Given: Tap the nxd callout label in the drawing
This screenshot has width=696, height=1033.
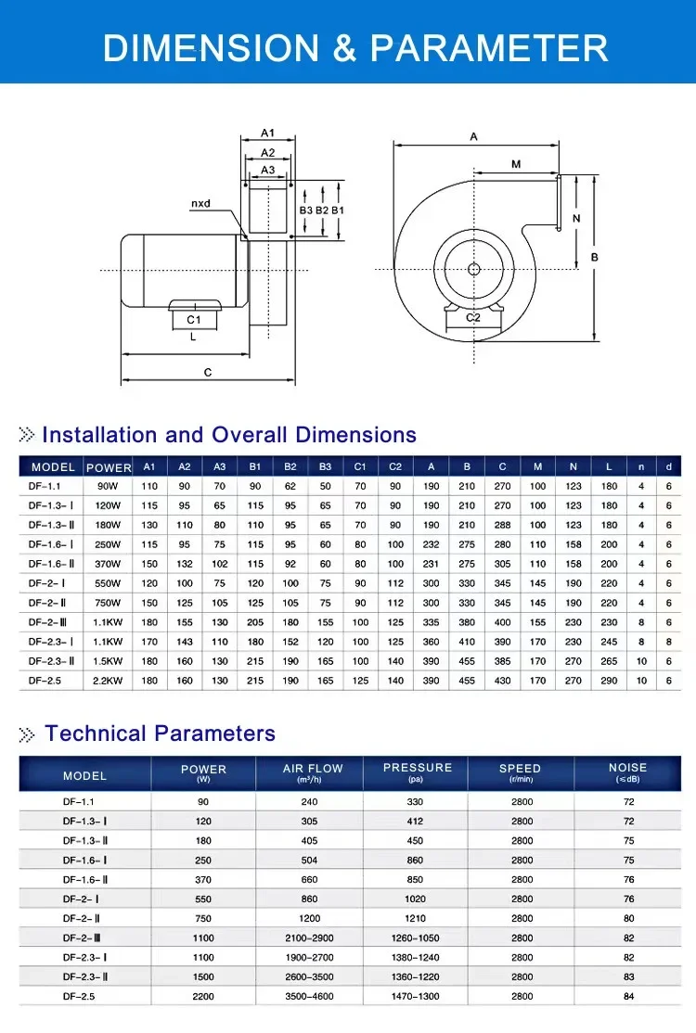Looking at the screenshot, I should (201, 202).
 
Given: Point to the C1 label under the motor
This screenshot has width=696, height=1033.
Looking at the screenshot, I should (193, 320).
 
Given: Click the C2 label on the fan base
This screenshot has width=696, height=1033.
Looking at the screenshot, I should (472, 318).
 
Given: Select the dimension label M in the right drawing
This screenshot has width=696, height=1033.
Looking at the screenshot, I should (516, 164).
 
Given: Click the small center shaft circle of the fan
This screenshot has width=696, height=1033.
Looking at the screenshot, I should (473, 269).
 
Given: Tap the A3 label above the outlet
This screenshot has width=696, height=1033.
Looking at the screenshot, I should (267, 170).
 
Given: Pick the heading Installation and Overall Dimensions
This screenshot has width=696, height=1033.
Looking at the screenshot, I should (229, 435).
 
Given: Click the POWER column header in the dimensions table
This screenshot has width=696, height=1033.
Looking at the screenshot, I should (109, 467).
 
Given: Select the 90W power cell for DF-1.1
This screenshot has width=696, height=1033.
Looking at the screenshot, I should (109, 486).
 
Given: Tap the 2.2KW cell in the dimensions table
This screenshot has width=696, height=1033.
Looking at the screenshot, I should (109, 681).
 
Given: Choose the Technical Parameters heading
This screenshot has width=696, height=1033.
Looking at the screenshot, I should (160, 733).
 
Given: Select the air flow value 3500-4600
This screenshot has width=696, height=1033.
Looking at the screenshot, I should (309, 996).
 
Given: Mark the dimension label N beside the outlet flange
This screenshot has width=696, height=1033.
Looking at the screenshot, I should (576, 219).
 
